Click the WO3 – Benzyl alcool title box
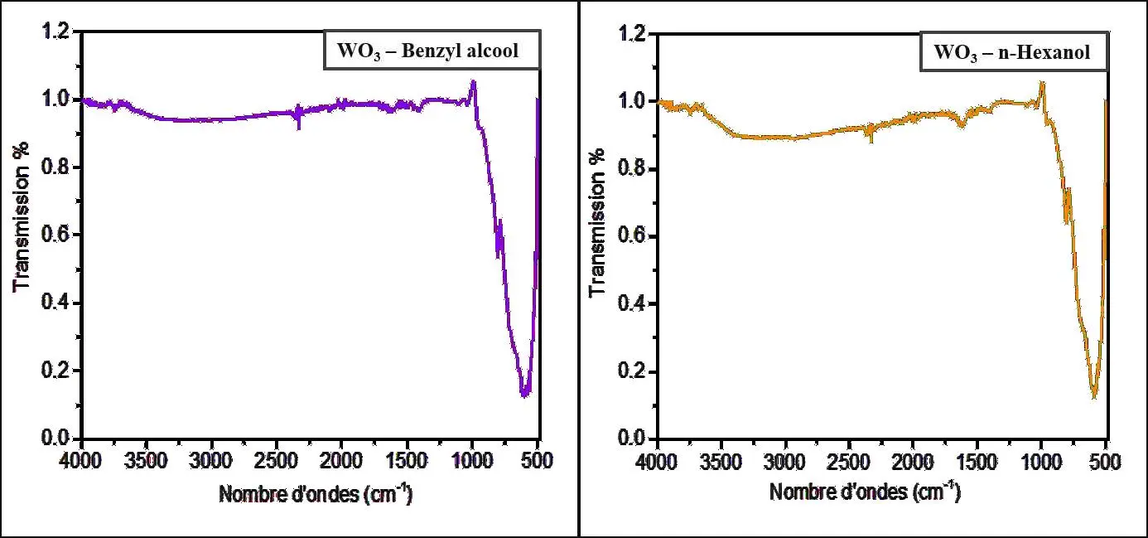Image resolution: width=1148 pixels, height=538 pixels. point(427,51)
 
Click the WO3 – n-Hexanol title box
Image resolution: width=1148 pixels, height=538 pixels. point(1012,52)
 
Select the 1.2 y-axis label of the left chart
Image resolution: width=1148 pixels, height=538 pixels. point(57,32)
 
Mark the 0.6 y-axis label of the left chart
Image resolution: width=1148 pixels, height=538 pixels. point(57,235)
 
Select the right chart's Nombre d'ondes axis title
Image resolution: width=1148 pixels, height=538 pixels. point(866,491)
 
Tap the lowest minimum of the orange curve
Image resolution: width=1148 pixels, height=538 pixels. point(1094,395)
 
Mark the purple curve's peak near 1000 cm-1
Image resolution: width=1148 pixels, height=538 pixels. point(473,81)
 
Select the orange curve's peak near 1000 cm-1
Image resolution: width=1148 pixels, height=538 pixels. point(1042,83)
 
